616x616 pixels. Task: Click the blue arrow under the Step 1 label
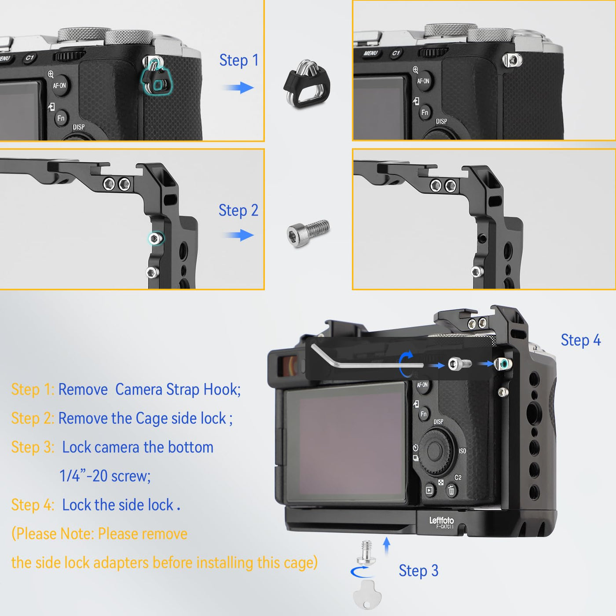tap(239, 88)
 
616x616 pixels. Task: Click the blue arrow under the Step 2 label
tap(239, 235)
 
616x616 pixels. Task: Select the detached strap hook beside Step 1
tap(307, 84)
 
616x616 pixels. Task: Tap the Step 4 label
tap(581, 340)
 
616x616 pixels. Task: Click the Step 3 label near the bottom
tap(418, 571)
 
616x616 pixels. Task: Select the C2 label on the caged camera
tap(458, 477)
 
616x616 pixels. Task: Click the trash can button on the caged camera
tap(451, 490)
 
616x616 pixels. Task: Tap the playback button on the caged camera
tap(429, 490)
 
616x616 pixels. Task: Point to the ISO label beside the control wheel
tap(462, 451)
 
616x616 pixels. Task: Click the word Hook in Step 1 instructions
tap(222, 390)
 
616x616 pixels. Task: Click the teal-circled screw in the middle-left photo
tap(155, 238)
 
